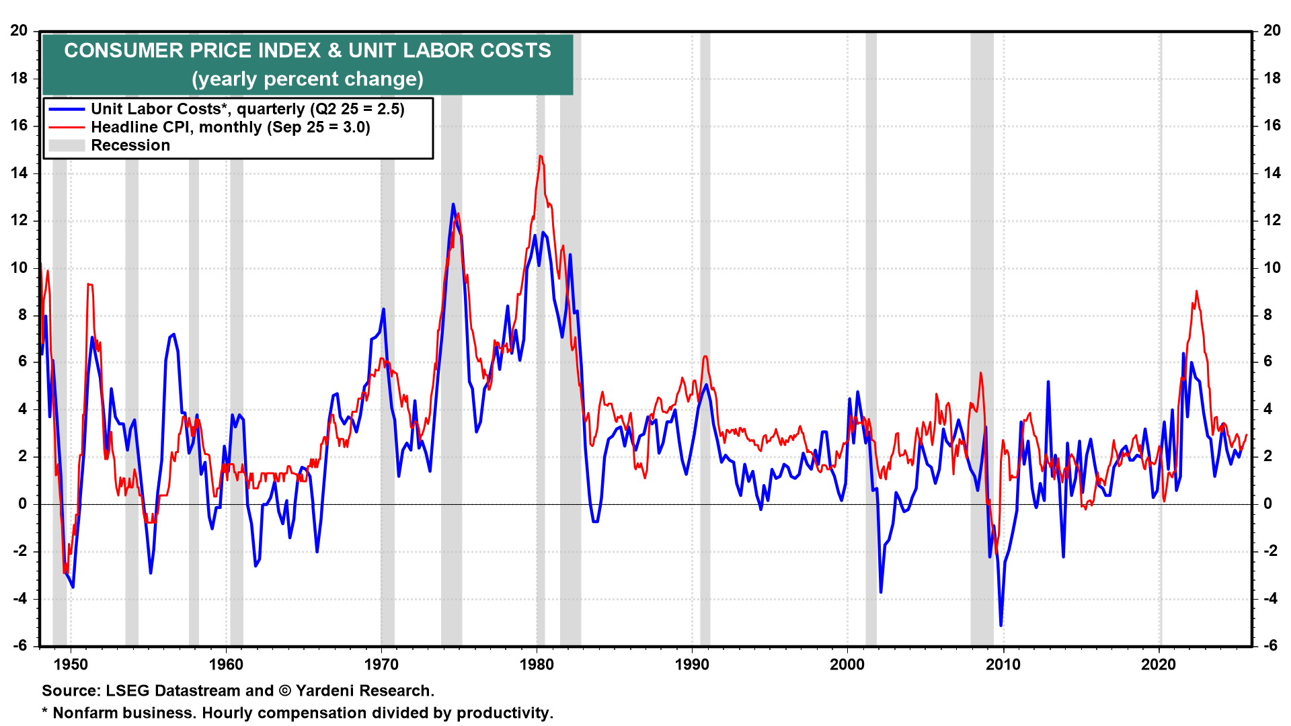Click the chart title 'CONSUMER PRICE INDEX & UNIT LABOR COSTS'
pyautogui.click(x=307, y=50)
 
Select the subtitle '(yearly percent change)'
pyautogui.click(x=307, y=79)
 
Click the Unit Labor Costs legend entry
pyautogui.click(x=247, y=109)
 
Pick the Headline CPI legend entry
pyautogui.click(x=230, y=127)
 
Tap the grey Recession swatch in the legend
pyautogui.click(x=67, y=145)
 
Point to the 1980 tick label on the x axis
pyautogui.click(x=537, y=665)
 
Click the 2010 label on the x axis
pyautogui.click(x=1003, y=665)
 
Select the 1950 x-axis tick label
pyautogui.click(x=71, y=665)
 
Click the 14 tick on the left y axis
pyautogui.click(x=19, y=173)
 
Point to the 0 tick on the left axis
pyautogui.click(x=24, y=503)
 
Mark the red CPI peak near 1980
pyautogui.click(x=540, y=156)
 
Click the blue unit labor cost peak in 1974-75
pyautogui.click(x=453, y=204)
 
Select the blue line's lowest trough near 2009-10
pyautogui.click(x=1001, y=625)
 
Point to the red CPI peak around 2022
pyautogui.click(x=1196, y=291)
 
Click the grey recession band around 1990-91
pyautogui.click(x=705, y=336)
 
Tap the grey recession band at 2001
pyautogui.click(x=871, y=336)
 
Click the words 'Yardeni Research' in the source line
pyautogui.click(x=364, y=690)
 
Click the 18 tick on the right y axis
pyautogui.click(x=1272, y=78)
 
